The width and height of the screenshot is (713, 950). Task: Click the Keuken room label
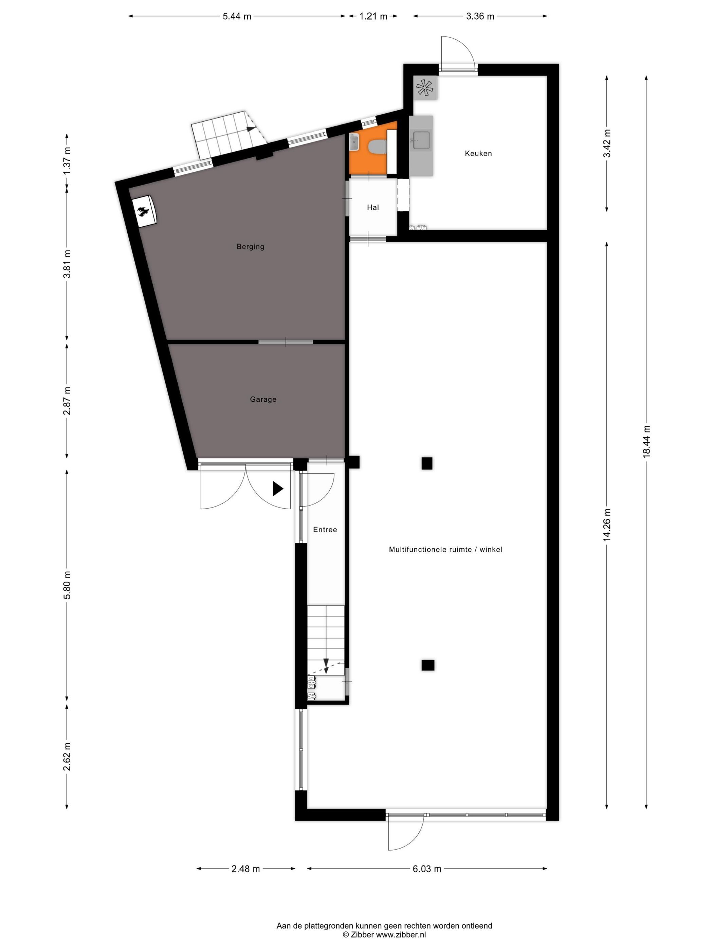click(x=478, y=153)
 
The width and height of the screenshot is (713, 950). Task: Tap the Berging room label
click(x=250, y=247)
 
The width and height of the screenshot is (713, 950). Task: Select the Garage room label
click(x=263, y=399)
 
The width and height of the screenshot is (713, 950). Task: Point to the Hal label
click(x=372, y=207)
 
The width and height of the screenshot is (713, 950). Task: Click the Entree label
click(x=325, y=530)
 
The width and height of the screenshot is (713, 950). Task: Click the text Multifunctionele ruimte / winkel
click(x=445, y=549)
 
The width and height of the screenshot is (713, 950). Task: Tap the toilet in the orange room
click(x=377, y=147)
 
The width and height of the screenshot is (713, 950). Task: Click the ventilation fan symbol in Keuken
click(x=425, y=88)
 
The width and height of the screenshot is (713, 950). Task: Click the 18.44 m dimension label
click(x=646, y=441)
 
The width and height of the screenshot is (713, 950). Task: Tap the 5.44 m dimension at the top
click(x=237, y=16)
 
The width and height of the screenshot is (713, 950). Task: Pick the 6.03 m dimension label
click(x=427, y=869)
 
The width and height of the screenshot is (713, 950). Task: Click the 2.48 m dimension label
click(x=245, y=869)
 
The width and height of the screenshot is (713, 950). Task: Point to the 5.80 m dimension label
click(x=67, y=585)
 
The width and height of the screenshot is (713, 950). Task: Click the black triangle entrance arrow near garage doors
click(x=278, y=489)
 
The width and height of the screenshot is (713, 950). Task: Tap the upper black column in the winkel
click(x=427, y=463)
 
